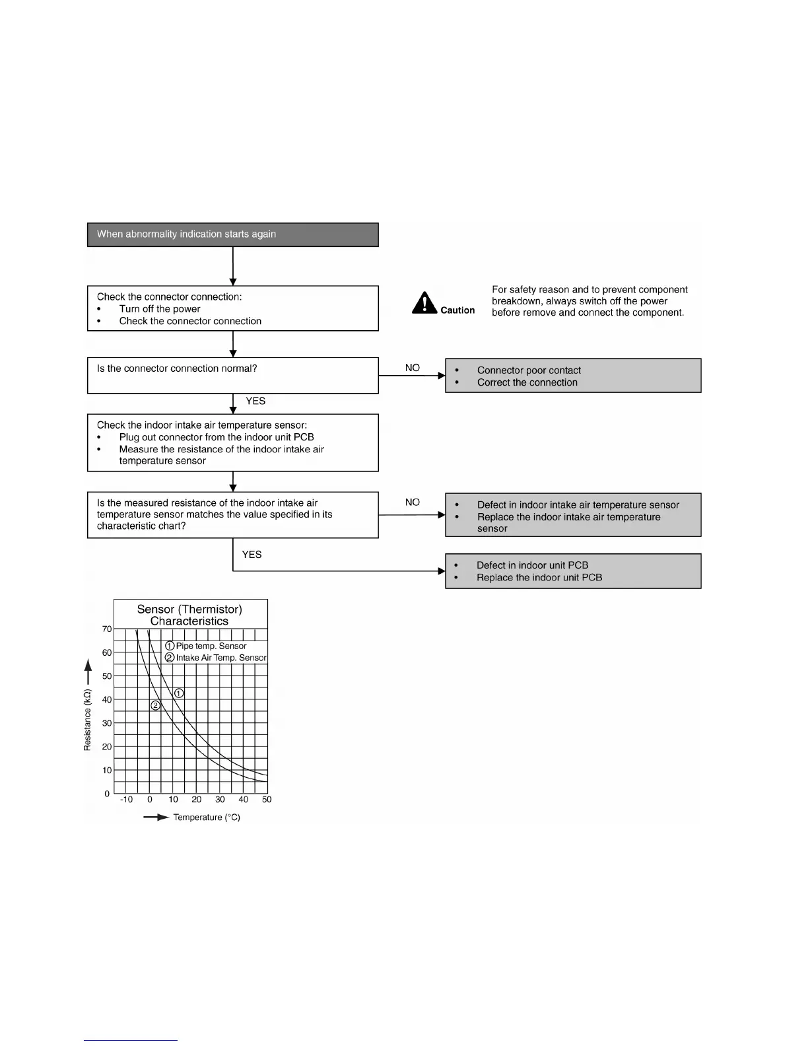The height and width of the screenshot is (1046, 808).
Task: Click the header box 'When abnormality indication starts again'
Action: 232,234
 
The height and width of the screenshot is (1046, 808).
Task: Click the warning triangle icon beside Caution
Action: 424,303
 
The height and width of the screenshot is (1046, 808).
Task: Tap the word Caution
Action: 457,310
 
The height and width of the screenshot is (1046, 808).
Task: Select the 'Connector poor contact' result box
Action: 573,376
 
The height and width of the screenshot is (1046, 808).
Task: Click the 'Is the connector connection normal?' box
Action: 232,375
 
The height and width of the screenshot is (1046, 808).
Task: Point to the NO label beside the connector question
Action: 413,368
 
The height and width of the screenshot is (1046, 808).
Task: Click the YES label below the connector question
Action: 255,401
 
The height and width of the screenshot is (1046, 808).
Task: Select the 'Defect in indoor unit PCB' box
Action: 573,571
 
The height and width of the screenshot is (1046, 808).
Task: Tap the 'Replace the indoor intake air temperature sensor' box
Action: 573,515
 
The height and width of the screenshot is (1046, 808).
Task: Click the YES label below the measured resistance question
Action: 252,555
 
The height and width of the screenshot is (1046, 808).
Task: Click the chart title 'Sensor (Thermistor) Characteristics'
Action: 189,615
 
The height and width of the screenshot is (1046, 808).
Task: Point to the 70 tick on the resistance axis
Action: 107,629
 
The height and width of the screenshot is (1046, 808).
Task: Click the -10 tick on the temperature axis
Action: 126,800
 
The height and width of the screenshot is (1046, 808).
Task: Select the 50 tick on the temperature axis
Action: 267,800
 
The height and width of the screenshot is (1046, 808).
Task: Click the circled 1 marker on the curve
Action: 179,693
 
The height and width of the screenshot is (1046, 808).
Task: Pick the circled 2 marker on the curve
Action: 156,705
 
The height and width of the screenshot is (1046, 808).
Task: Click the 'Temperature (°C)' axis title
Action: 207,818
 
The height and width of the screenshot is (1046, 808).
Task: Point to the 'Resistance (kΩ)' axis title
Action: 87,720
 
